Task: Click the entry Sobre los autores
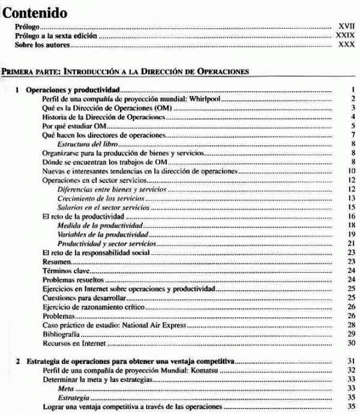[x=43, y=46]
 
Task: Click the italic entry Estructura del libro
[x=87, y=145]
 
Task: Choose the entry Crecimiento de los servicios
[x=101, y=198]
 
